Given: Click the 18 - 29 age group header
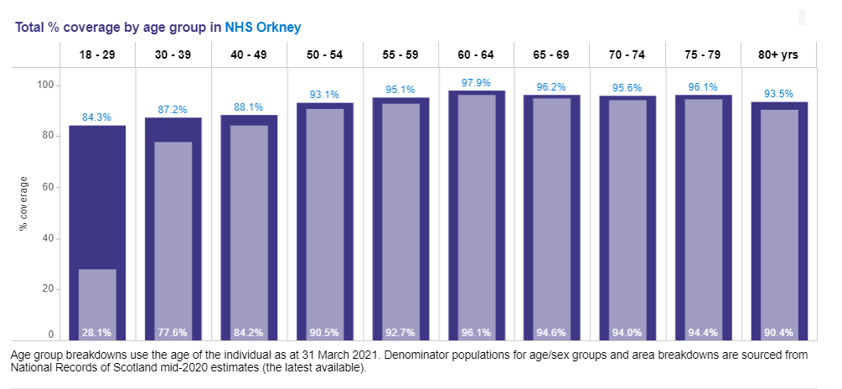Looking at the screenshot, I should (97, 55).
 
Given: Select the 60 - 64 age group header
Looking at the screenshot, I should (476, 55).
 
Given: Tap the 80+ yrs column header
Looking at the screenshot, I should (778, 55).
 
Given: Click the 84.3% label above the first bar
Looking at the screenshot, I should (97, 117).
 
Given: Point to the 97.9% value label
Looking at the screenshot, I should (476, 82).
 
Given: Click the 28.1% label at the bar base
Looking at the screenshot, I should (97, 332).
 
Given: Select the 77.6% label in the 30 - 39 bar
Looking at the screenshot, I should (173, 332).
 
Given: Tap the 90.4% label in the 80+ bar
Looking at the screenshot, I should (778, 332).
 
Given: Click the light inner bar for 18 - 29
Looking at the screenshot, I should (97, 298).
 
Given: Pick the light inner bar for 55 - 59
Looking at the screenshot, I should (400, 210).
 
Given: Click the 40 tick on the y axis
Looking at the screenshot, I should (48, 238).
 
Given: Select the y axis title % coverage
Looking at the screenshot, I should (24, 205).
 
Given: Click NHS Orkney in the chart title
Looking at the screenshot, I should (263, 27).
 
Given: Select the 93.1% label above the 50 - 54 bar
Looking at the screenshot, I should (324, 94).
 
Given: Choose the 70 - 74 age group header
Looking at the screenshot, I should (627, 55).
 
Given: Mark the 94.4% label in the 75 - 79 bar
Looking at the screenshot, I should (703, 332).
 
